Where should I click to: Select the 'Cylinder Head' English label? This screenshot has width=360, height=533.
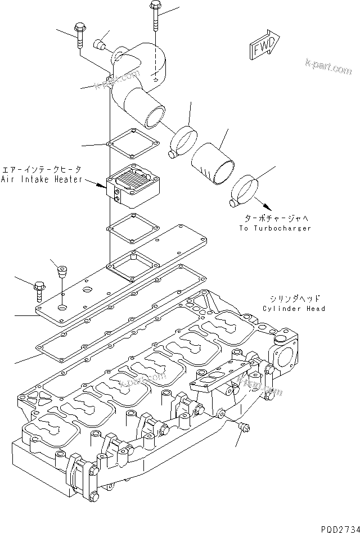pyautogui.click(x=294, y=309)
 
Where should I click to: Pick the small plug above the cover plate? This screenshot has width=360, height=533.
pyautogui.click(x=61, y=273)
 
